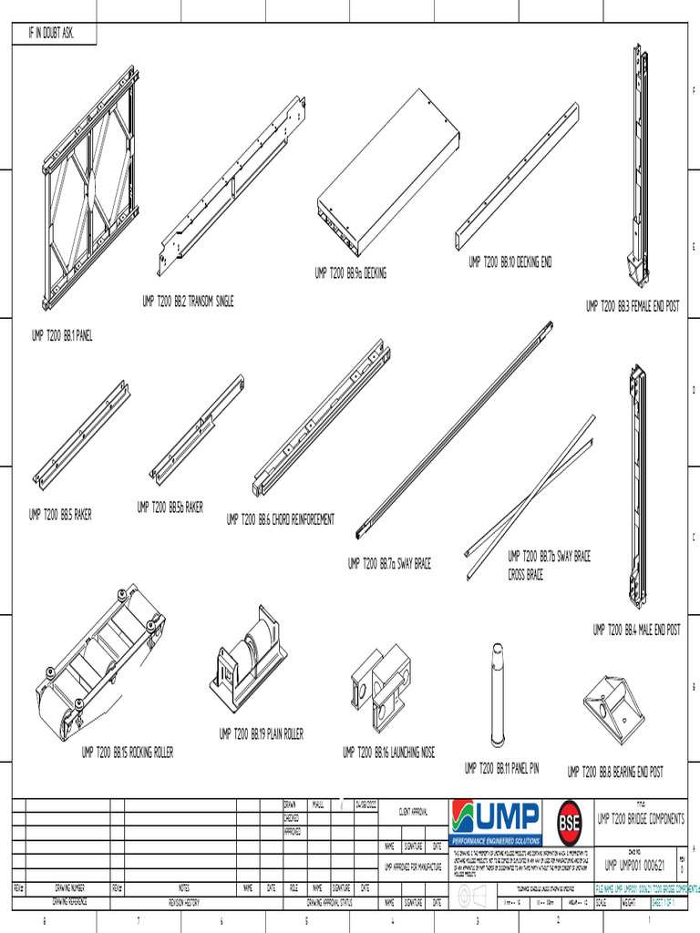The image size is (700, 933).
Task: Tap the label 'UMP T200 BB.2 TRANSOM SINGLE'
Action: (188, 302)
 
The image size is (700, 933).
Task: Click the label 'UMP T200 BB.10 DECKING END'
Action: (510, 263)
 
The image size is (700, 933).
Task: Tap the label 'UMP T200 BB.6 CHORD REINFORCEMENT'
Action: (280, 519)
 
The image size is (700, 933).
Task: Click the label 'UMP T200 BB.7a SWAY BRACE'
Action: (389, 564)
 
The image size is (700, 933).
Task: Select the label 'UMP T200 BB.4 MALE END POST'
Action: (636, 630)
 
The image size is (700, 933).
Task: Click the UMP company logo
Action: (497, 817)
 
